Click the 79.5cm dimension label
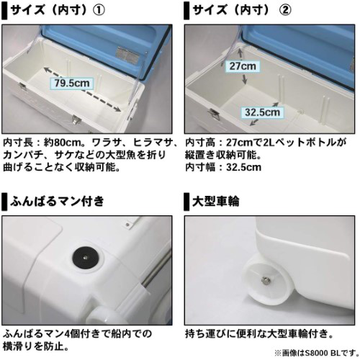pyautogui.click(x=72, y=84)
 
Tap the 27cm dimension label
pyautogui.click(x=243, y=66)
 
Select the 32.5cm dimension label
pyautogui.click(x=263, y=112)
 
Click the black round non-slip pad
pyautogui.click(x=85, y=258)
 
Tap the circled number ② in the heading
pyautogui.click(x=285, y=10)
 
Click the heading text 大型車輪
pyautogui.click(x=215, y=201)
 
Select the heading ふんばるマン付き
pyautogui.click(x=57, y=201)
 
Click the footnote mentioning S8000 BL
pyautogui.click(x=317, y=353)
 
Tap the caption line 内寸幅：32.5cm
pyautogui.click(x=223, y=167)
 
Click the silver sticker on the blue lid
pyautogui.click(x=127, y=54)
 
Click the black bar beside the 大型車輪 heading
pyautogui.click(x=186, y=202)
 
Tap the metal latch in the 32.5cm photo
pyautogui.click(x=215, y=114)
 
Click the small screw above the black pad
pyautogui.click(x=127, y=225)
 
